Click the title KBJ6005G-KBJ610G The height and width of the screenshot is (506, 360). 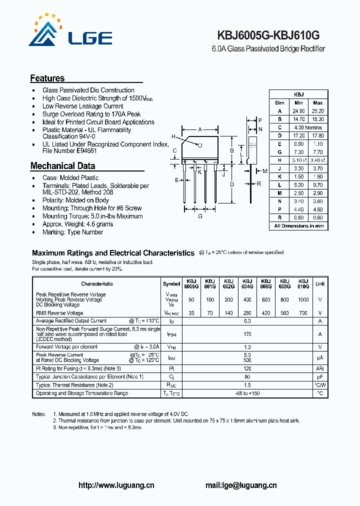tap(268, 36)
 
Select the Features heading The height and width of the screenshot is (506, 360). tap(47, 78)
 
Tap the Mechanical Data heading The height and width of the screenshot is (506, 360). tap(62, 166)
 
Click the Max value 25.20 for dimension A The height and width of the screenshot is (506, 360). tap(317, 111)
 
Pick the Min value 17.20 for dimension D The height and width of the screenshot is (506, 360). tap(298, 135)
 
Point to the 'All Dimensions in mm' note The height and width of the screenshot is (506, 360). tap(298, 226)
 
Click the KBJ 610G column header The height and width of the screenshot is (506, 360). tap(303, 283)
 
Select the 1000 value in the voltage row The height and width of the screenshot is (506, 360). tap(303, 299)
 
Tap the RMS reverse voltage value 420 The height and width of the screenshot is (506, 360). tap(266, 313)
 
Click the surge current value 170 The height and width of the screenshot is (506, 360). tap(247, 334)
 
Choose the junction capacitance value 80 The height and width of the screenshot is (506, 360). tap(247, 376)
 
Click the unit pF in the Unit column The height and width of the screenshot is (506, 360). tap(320, 376)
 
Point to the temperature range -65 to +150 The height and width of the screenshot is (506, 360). tap(247, 393)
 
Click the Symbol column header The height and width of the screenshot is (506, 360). tap(171, 284)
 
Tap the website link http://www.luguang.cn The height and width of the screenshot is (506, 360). tap(117, 485)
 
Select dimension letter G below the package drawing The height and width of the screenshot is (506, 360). tap(200, 216)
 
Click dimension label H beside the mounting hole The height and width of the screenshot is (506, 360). tap(173, 136)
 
